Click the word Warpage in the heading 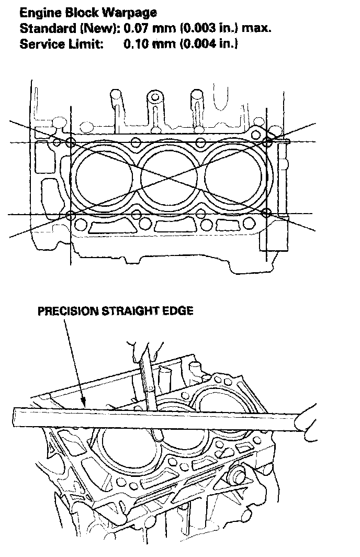[x=129, y=13]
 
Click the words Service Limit [x=61, y=44]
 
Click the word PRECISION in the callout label [x=68, y=311]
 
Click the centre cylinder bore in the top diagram [x=168, y=176]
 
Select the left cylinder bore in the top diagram [x=104, y=176]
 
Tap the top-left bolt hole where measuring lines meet [x=71, y=142]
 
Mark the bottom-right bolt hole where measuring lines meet [x=266, y=214]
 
